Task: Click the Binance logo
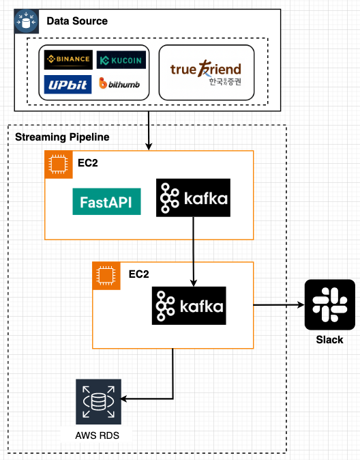(67, 59)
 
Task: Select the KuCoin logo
(121, 60)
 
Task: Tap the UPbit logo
(67, 83)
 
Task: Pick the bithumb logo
(120, 83)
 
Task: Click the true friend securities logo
(206, 72)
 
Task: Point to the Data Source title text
(76, 21)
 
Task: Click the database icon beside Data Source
(27, 22)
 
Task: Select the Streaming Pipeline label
(62, 138)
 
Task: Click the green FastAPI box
(106, 201)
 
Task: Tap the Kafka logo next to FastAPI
(193, 198)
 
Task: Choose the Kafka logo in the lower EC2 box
(188, 306)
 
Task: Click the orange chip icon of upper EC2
(59, 164)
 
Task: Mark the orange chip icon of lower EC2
(106, 275)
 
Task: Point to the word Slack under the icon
(329, 340)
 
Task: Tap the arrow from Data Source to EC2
(149, 130)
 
